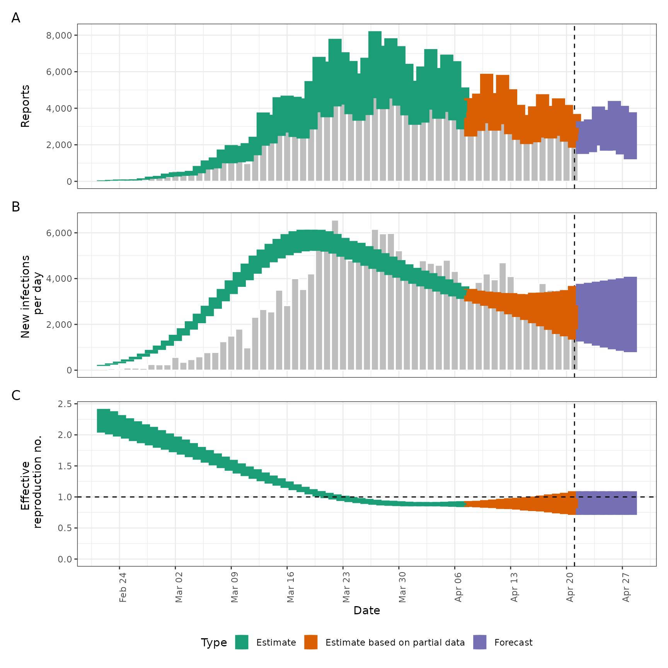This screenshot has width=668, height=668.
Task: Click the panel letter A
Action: pos(16,18)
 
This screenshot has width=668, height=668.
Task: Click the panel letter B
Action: pos(16,207)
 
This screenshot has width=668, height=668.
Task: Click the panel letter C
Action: pos(16,395)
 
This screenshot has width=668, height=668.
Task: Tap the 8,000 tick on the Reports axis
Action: pos(59,36)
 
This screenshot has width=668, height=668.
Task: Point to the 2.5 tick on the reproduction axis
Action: pos(65,404)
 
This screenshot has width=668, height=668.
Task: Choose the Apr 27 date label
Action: pos(626,587)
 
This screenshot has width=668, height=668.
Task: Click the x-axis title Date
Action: pos(366,610)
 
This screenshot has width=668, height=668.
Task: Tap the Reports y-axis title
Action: pos(25,106)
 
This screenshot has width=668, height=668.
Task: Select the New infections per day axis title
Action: pos(31,297)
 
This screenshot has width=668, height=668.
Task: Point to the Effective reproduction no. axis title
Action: pos(31,482)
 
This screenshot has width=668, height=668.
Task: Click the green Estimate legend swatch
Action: pos(242,642)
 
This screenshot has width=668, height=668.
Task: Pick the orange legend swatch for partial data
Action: pos(311,642)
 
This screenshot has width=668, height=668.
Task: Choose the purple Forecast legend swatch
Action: pos(480,642)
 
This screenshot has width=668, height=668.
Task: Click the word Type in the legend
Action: pos(214,642)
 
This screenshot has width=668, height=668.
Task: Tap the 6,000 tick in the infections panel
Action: pos(59,233)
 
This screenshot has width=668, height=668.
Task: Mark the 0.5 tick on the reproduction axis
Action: pos(65,528)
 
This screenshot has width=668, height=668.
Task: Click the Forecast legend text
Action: pos(513,642)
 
